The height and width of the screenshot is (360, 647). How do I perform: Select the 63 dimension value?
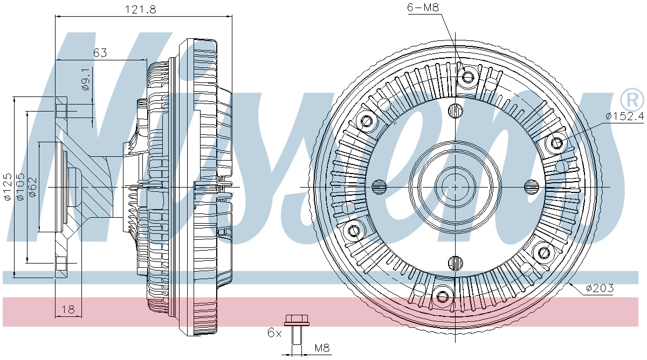[x=100, y=53]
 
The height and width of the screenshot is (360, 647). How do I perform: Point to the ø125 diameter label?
[x=8, y=187]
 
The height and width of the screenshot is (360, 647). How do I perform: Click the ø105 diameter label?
[x=20, y=187]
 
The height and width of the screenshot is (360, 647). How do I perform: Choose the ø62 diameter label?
[x=32, y=187]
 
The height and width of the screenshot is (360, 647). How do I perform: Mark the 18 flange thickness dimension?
[x=68, y=309]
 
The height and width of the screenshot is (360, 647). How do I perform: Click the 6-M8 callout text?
[x=422, y=7]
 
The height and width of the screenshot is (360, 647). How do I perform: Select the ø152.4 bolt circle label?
[x=624, y=116]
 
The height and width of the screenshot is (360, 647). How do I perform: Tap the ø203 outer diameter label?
[x=599, y=288]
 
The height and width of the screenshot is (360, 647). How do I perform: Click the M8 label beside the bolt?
[x=322, y=348]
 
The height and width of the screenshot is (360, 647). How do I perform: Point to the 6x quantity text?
[x=274, y=332]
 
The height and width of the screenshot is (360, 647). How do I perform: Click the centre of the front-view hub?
[x=455, y=187]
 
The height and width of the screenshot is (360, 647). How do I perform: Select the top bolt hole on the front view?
[x=467, y=77]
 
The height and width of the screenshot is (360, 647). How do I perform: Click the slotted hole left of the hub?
[x=380, y=187]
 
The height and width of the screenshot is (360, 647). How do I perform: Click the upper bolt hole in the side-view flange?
[x=61, y=111]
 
